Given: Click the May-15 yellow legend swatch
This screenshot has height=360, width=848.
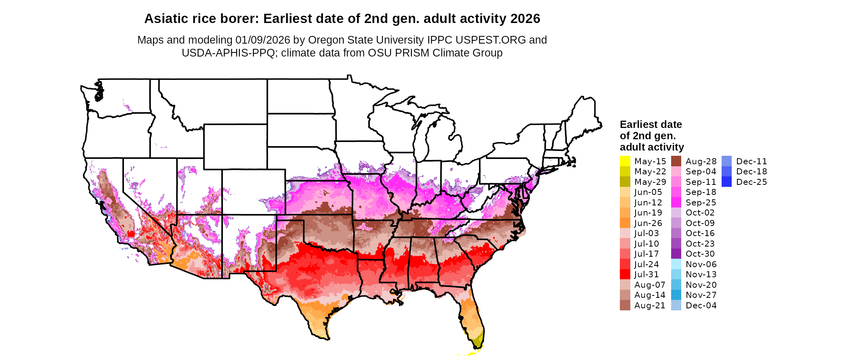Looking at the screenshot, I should (625, 161).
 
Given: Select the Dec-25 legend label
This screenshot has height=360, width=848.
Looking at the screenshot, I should (751, 182).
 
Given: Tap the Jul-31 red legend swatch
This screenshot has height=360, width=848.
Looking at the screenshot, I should (625, 274).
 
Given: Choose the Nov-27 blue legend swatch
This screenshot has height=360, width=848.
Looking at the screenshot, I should (676, 295).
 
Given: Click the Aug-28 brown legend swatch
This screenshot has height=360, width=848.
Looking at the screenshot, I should (676, 161).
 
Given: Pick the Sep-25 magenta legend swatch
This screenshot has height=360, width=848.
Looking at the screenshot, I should (676, 203).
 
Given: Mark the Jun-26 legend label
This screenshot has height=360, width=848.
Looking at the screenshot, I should (648, 223).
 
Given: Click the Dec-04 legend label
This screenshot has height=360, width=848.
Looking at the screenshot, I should (701, 306).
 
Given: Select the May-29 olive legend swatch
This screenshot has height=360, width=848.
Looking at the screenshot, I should (625, 182).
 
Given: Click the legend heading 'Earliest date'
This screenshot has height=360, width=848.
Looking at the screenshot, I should (651, 124).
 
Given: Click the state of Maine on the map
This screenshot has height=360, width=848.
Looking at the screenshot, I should (584, 117).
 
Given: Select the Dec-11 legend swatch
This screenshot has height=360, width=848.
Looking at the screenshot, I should (726, 161).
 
